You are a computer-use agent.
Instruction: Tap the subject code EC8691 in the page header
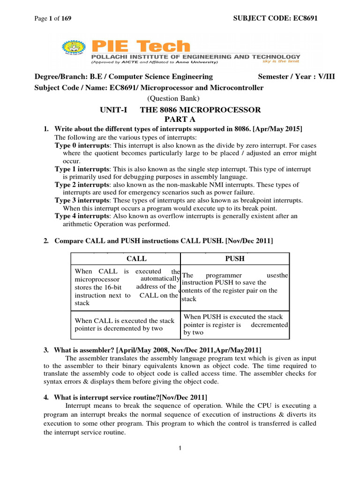pyautogui.click(x=305, y=18)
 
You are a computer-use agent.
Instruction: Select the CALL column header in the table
pyautogui.click(x=136, y=258)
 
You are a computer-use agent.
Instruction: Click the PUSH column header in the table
pyautogui.click(x=235, y=258)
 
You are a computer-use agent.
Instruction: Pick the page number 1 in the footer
pyautogui.click(x=180, y=449)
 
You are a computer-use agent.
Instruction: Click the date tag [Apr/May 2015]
pyautogui.click(x=276, y=128)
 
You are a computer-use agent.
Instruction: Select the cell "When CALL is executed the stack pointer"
pyautogui.click(x=125, y=324)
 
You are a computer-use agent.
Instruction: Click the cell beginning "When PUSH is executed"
pyautogui.click(x=235, y=324)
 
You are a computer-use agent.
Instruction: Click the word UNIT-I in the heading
pyautogui.click(x=112, y=110)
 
